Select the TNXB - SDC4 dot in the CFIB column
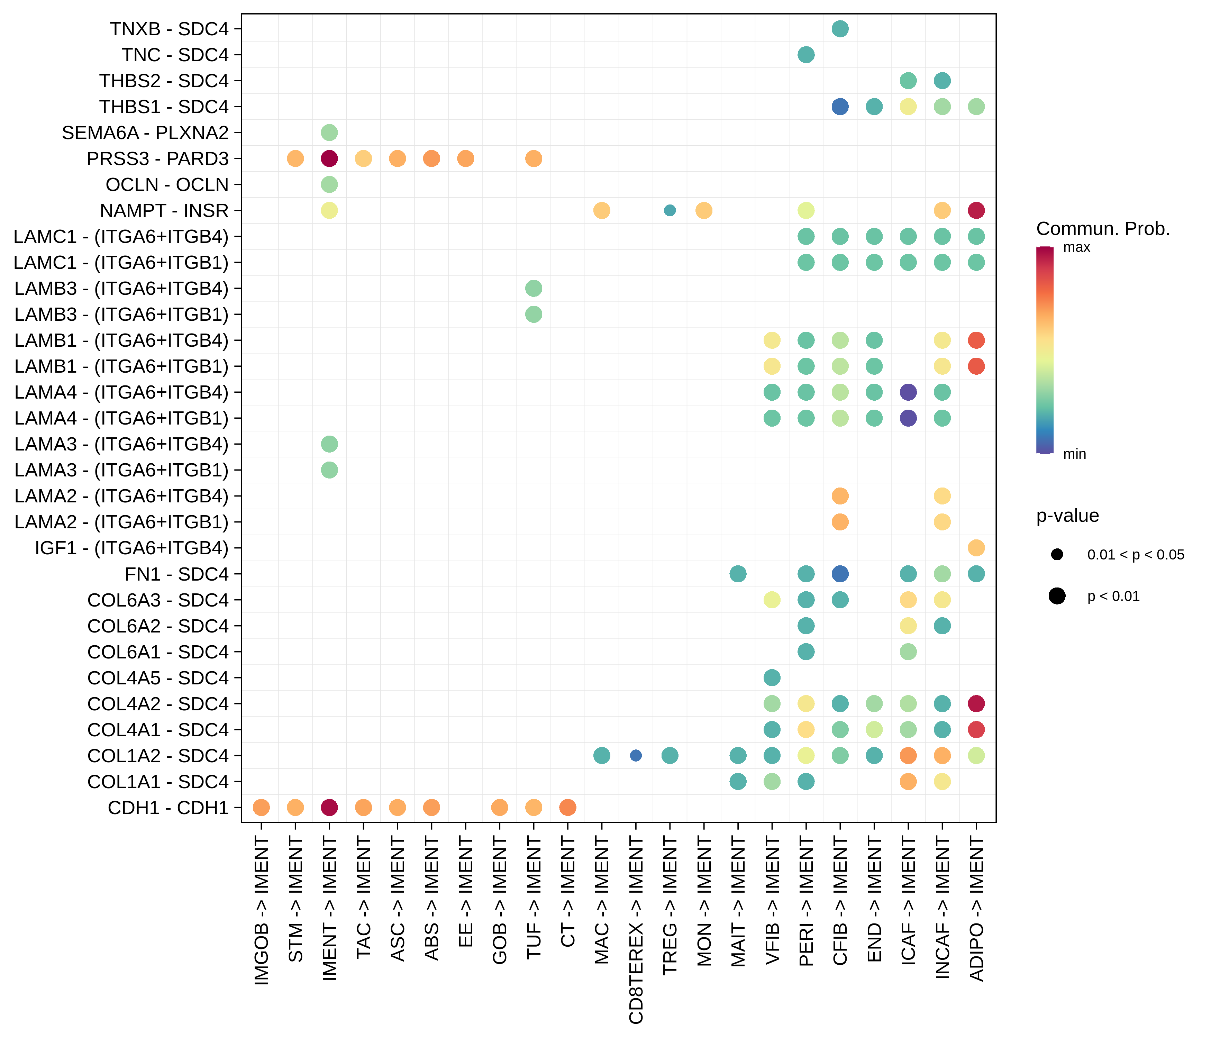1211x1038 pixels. coord(840,29)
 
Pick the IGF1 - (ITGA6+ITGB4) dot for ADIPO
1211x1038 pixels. coord(976,548)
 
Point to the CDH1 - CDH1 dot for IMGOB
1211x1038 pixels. coord(261,807)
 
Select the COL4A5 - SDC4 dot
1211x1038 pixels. coord(772,677)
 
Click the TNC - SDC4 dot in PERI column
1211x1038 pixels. coord(806,55)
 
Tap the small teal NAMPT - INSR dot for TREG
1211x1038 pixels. coord(670,210)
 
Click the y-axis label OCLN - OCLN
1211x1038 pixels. coord(167,185)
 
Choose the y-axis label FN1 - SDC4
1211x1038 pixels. coord(176,574)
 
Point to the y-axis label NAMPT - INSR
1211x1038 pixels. coord(164,210)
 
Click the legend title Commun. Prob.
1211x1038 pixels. coord(1103,228)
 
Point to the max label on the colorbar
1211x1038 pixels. coord(1076,247)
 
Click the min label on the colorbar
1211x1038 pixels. coord(1074,454)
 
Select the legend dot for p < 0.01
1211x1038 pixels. coord(1057,596)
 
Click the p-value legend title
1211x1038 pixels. coord(1067,516)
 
